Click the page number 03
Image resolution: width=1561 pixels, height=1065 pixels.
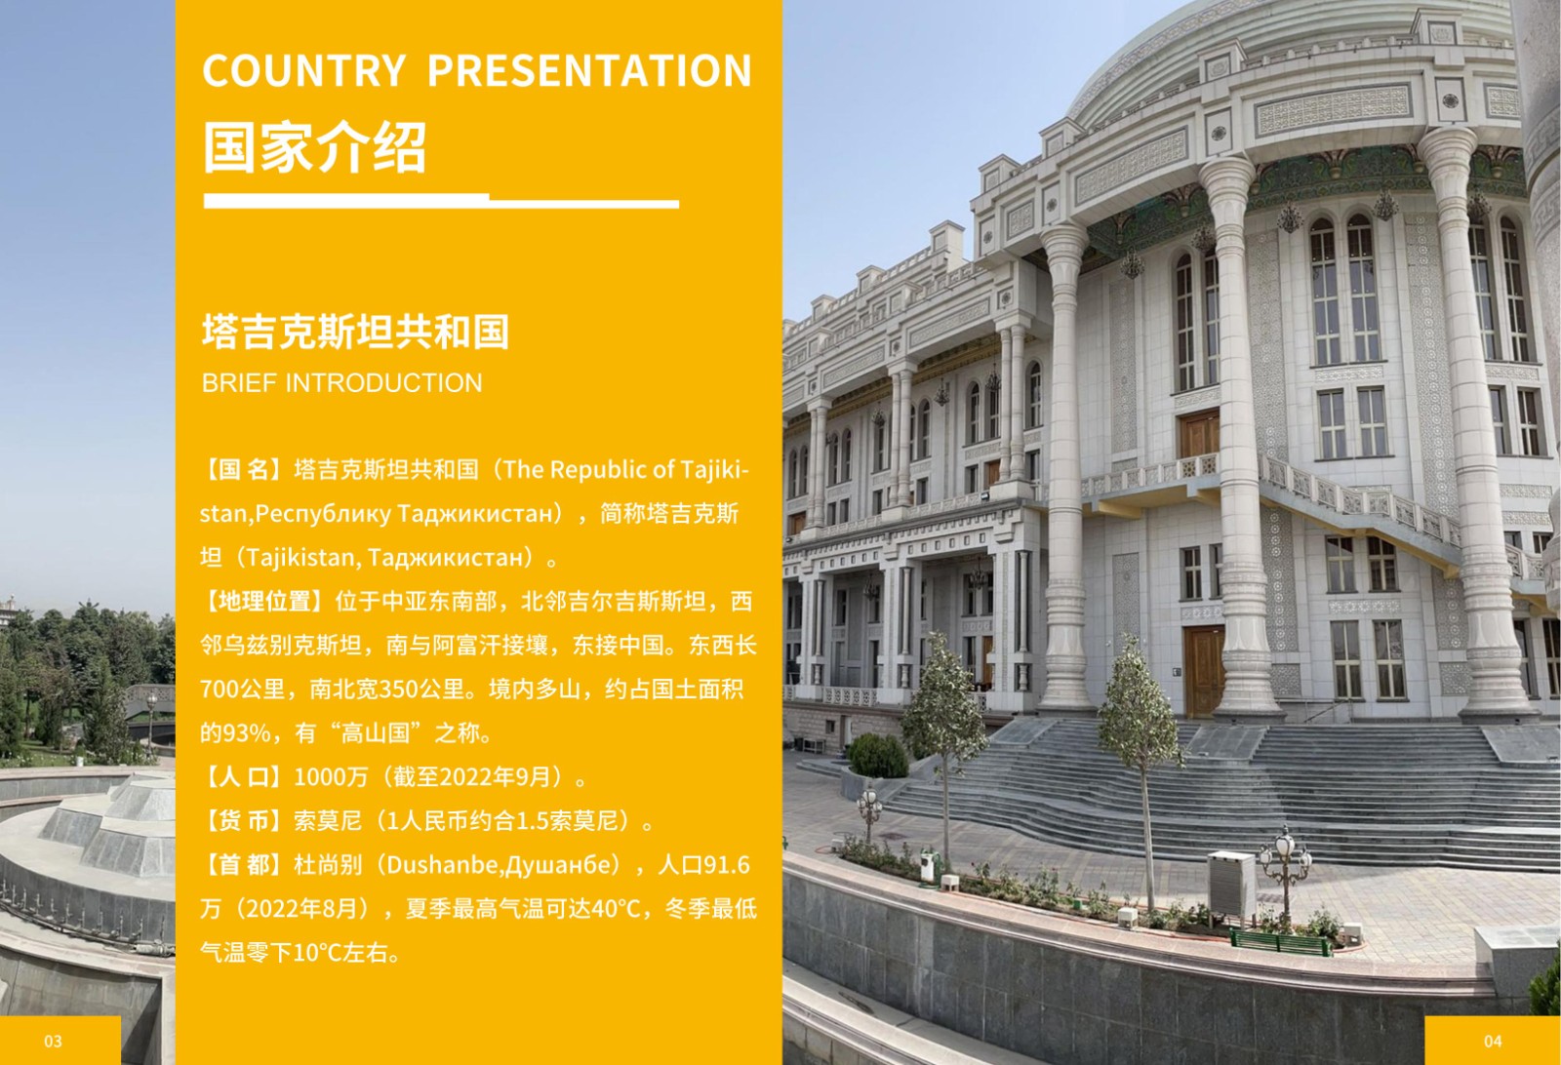point(53,1042)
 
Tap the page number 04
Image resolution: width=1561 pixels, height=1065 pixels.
point(1493,1042)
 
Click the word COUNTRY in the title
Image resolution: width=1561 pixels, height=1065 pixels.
point(303,70)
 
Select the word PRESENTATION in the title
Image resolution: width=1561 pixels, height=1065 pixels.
point(589,70)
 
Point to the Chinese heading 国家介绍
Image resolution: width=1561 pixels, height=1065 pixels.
point(314,147)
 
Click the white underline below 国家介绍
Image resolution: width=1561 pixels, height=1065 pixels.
point(441,201)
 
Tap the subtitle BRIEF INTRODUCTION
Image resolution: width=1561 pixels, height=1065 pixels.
point(341,383)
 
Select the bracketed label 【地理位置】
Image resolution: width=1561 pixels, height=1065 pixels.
point(267,602)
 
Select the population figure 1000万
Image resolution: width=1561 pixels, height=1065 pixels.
point(331,777)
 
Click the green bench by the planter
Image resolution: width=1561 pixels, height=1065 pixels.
point(1281,941)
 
